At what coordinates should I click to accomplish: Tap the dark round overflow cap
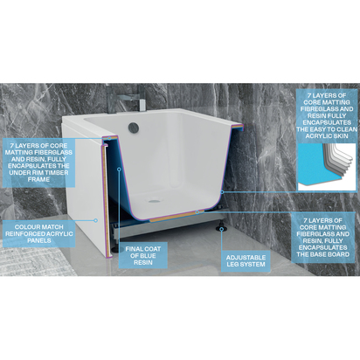pos(133,128)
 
